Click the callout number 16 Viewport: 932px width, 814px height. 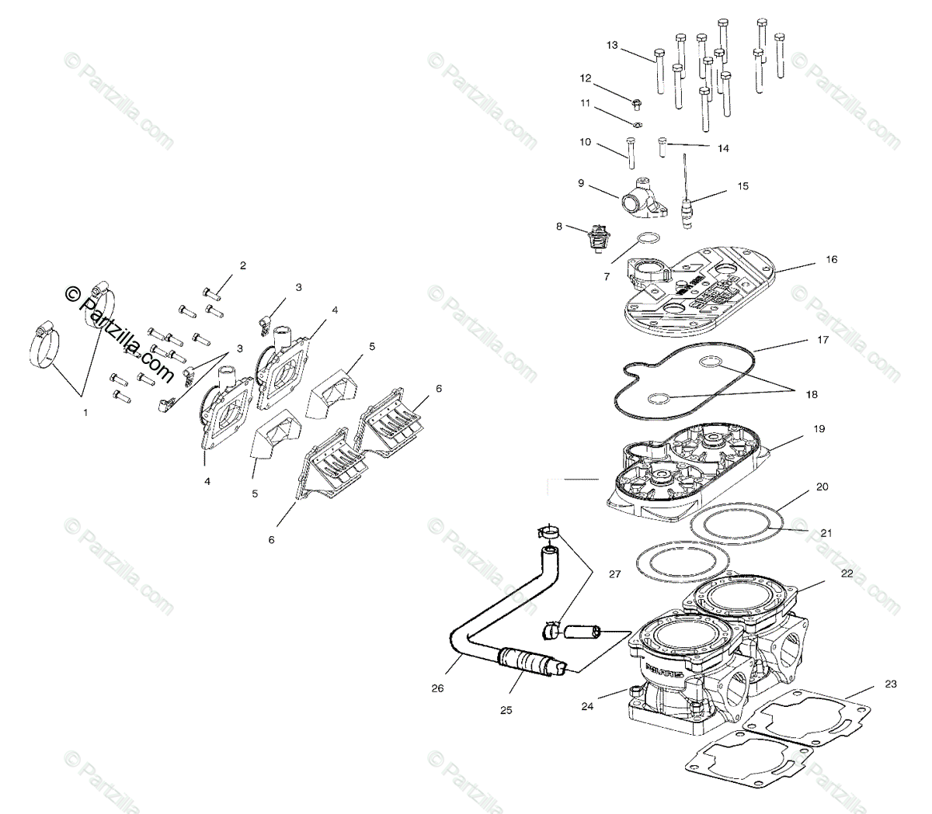tap(831, 260)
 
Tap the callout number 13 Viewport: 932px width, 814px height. tap(612, 46)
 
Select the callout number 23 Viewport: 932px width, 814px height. tap(890, 684)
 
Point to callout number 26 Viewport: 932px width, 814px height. tap(437, 688)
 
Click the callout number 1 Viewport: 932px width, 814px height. tap(85, 413)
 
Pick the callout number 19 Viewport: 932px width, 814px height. tap(819, 429)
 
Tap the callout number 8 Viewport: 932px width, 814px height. tap(558, 227)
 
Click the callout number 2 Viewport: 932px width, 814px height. tap(242, 266)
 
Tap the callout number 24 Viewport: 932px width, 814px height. tap(587, 706)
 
